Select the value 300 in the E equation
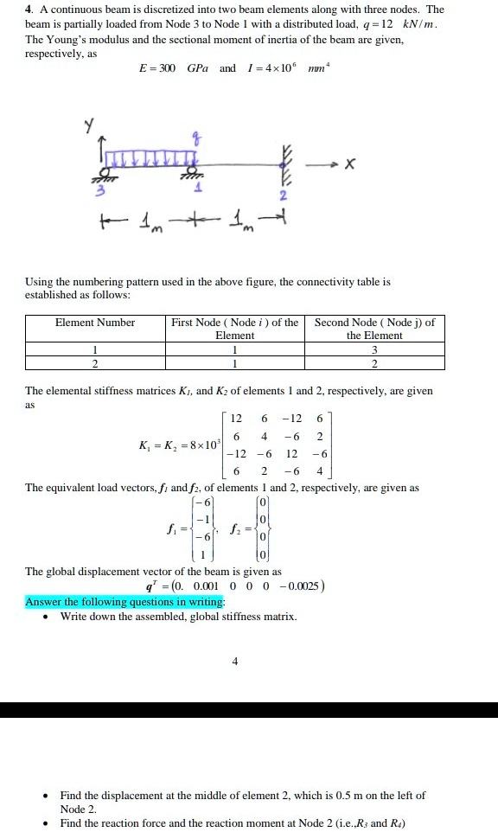click(x=165, y=67)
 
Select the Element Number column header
click(x=95, y=323)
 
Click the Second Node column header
click(x=374, y=329)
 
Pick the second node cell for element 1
click(x=374, y=349)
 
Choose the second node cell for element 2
click(x=374, y=363)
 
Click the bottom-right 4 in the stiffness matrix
click(x=319, y=472)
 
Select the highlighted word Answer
click(x=44, y=601)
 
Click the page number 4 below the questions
click(x=234, y=662)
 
